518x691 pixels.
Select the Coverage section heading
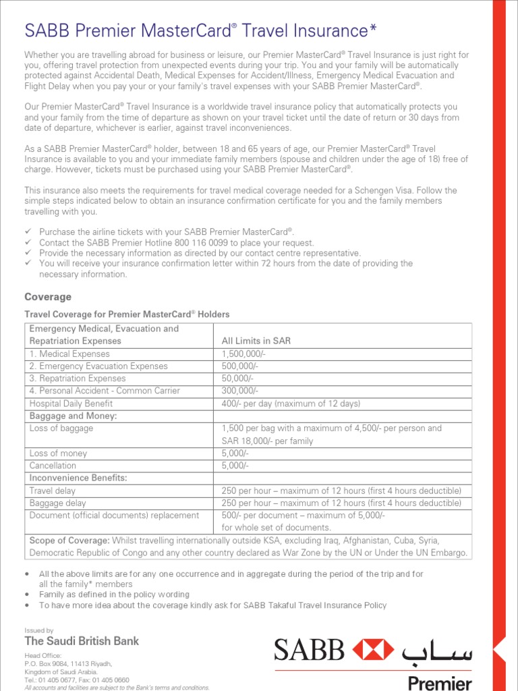click(47, 297)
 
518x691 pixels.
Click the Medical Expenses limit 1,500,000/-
click(245, 354)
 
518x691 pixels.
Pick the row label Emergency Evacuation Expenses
click(98, 366)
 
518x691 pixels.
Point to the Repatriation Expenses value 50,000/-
click(237, 379)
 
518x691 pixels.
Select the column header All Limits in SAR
click(256, 341)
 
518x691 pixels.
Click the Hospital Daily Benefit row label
click(71, 404)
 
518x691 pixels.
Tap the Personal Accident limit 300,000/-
click(240, 391)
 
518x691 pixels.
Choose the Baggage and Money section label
click(74, 416)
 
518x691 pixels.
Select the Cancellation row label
click(53, 466)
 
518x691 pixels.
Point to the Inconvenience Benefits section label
click(78, 478)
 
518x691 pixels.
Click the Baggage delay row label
click(58, 503)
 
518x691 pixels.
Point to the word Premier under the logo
click(440, 682)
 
